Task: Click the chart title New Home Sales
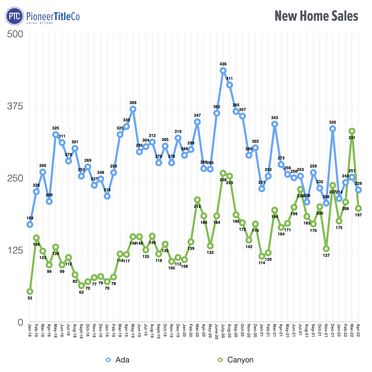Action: [316, 16]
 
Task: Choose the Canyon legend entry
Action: [236, 360]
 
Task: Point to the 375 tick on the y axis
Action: [15, 106]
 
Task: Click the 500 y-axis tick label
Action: [15, 34]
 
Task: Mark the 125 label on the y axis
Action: [15, 250]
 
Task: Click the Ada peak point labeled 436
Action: [223, 70]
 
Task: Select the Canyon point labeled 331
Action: [352, 131]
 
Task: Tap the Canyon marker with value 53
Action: [30, 291]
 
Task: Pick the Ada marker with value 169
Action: [30, 225]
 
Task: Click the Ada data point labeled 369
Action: [133, 109]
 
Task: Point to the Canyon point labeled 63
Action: [81, 286]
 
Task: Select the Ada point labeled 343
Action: [275, 124]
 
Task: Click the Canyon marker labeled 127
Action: [326, 249]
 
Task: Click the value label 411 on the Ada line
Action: [229, 79]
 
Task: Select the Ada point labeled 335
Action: [332, 129]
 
